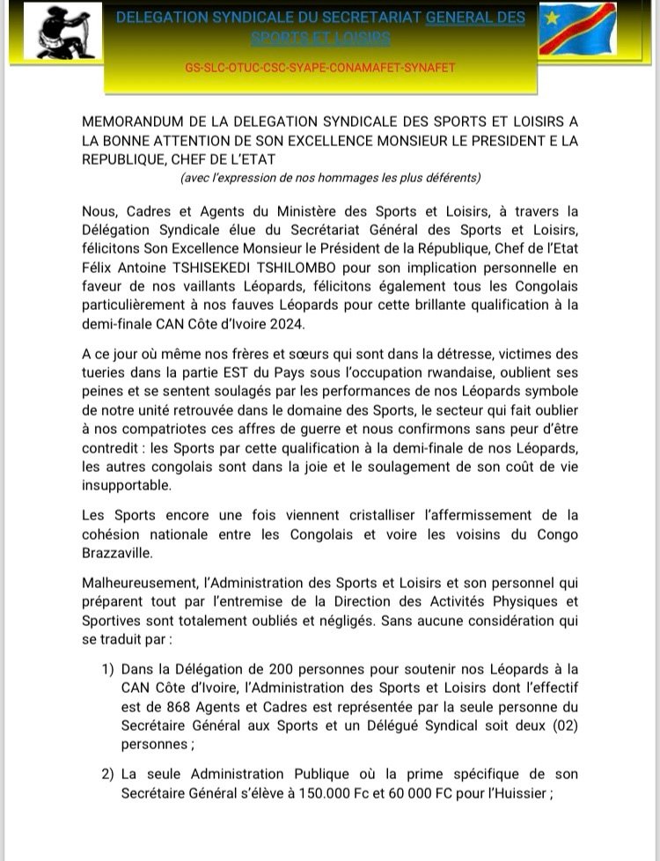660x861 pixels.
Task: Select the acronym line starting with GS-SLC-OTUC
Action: (x=321, y=67)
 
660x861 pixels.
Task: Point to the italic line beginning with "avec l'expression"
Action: (x=330, y=178)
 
